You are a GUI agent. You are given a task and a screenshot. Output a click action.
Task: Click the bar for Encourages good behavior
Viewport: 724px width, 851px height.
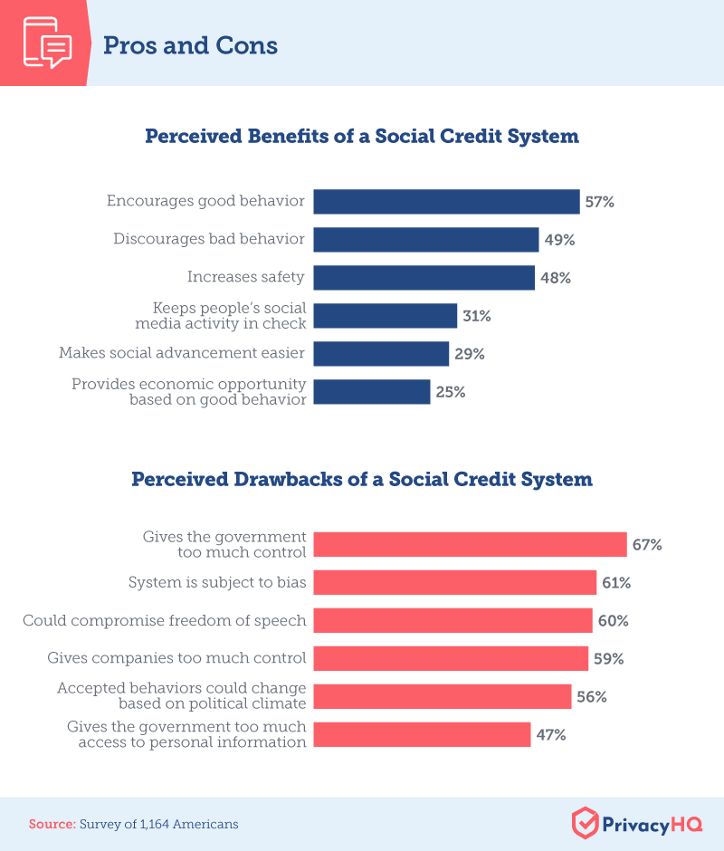[x=446, y=202]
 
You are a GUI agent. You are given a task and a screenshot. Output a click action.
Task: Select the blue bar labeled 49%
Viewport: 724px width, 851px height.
[x=426, y=240]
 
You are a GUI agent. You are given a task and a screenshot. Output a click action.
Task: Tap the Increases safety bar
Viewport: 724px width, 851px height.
[x=424, y=278]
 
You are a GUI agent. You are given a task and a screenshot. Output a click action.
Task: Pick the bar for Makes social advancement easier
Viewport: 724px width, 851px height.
[x=381, y=354]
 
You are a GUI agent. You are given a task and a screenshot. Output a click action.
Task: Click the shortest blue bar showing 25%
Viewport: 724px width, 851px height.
[x=371, y=392]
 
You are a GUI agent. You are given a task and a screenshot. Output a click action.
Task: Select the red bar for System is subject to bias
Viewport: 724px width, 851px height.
[x=454, y=583]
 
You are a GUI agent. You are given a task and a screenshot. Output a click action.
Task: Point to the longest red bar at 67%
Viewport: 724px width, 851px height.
[x=470, y=545]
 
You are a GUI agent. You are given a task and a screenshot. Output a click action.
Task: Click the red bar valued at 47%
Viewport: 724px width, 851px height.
[x=422, y=734]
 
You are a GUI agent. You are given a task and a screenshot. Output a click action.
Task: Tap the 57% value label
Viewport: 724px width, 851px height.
[x=599, y=202]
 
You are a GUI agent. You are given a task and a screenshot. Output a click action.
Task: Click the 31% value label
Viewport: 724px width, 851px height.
[x=476, y=316]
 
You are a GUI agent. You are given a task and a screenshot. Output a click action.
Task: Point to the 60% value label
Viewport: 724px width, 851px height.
[x=613, y=621]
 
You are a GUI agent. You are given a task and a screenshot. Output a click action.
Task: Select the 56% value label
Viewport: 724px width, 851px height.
[x=591, y=696]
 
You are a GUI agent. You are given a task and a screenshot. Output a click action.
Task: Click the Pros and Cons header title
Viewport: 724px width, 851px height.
[x=190, y=45]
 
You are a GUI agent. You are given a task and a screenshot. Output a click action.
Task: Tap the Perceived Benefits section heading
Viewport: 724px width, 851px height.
[x=362, y=137]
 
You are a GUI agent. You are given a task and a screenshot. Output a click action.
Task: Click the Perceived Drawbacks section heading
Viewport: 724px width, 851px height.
[x=362, y=479]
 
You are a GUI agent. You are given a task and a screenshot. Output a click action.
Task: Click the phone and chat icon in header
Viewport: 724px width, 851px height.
[x=45, y=43]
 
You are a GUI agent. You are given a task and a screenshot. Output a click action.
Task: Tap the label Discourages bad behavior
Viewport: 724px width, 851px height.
[x=209, y=240]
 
